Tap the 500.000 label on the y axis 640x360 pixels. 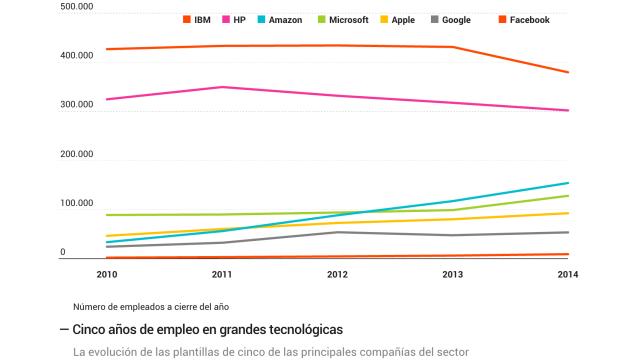(77, 7)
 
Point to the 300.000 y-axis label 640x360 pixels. (77, 105)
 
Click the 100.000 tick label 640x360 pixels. (77, 204)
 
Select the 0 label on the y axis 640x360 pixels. (62, 253)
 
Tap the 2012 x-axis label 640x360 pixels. (338, 274)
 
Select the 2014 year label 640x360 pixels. (568, 274)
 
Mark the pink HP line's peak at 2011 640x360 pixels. (223, 87)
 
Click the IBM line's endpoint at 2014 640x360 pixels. (568, 72)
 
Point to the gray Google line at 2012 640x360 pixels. (338, 232)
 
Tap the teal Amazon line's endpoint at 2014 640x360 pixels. (568, 183)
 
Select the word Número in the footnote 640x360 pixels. (91, 306)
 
